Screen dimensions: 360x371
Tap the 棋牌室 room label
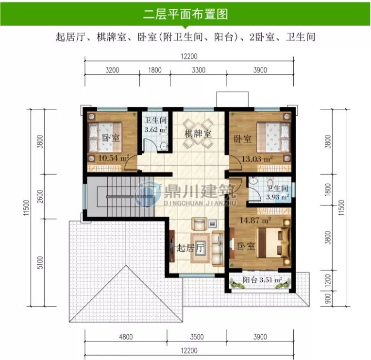coord(198,134)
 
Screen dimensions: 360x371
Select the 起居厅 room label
coord(190,248)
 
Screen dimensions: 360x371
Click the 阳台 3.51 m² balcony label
coord(263,280)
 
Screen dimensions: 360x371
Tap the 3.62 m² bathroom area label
coord(156,130)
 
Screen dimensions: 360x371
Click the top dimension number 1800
coord(154,70)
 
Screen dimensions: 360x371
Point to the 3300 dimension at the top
coord(199,70)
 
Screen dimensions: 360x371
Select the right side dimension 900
coord(326,300)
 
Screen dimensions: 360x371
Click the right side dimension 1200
coord(326,280)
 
